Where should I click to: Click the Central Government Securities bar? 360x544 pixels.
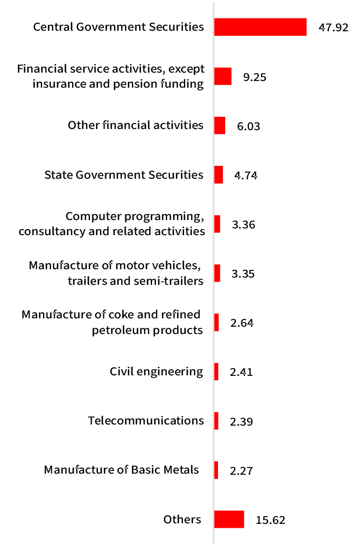pos(260,27)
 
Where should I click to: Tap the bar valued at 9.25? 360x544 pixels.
pos(222,77)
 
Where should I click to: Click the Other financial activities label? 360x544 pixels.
pos(135,125)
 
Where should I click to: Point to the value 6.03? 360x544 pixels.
pos(249,127)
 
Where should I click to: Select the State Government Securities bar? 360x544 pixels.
pos(219,175)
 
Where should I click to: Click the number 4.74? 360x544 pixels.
pos(245,175)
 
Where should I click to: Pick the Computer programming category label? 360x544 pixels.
pos(112,223)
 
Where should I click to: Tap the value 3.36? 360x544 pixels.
pos(243,225)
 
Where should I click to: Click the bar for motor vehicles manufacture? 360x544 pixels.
pos(217,273)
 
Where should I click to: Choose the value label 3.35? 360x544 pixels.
pos(243,274)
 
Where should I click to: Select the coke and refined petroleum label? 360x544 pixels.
pos(112,322)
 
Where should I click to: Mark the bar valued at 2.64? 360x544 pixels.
pos(216,322)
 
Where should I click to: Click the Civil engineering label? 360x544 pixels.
pos(156,371)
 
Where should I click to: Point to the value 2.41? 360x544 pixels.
pos(241,372)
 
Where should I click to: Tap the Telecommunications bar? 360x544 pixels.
pos(216,421)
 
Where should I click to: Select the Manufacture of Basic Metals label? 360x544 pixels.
pos(121,470)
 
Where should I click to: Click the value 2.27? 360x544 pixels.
pos(241,471)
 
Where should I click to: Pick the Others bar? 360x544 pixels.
pos(229,519)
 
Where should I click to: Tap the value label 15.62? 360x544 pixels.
pos(271,521)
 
